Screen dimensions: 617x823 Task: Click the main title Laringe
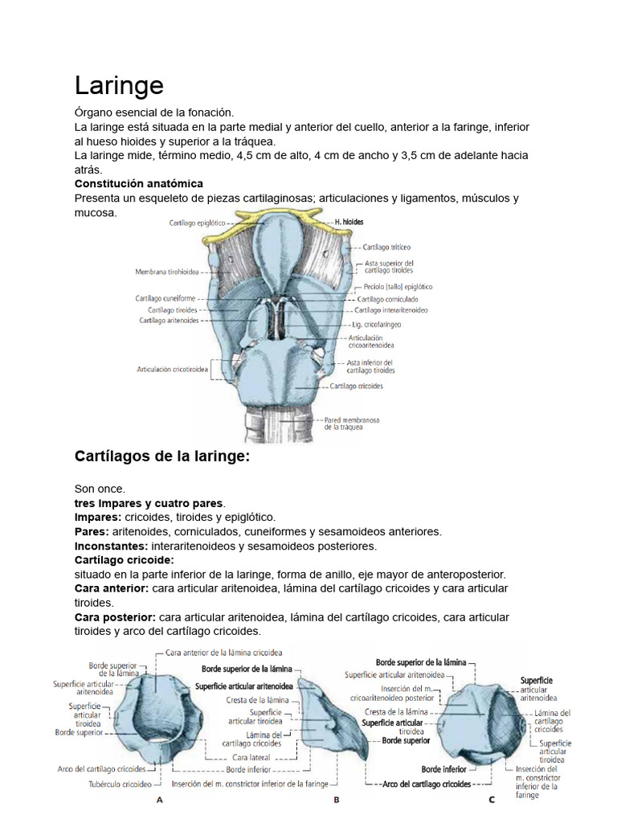point(119,85)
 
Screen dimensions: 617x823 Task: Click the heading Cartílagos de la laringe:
point(162,457)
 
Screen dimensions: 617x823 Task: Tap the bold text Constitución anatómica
point(138,184)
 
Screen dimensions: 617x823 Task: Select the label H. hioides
point(349,221)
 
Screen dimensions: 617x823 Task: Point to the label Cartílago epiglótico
point(198,223)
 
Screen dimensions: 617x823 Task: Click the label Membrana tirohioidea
point(167,272)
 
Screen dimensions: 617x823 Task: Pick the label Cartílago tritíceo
point(386,248)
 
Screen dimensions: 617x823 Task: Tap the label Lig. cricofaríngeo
point(376,325)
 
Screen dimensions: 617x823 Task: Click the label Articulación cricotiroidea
point(173,370)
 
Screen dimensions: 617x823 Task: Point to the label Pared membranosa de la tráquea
point(352,423)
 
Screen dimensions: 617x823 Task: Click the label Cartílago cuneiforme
point(165,298)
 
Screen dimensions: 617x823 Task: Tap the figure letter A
point(159,800)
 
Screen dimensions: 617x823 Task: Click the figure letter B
point(337,800)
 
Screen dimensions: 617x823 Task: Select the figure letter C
point(491,800)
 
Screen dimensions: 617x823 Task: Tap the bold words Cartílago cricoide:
point(125,559)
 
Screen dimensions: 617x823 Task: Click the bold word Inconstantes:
point(112,546)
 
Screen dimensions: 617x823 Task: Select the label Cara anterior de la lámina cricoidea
point(223,653)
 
